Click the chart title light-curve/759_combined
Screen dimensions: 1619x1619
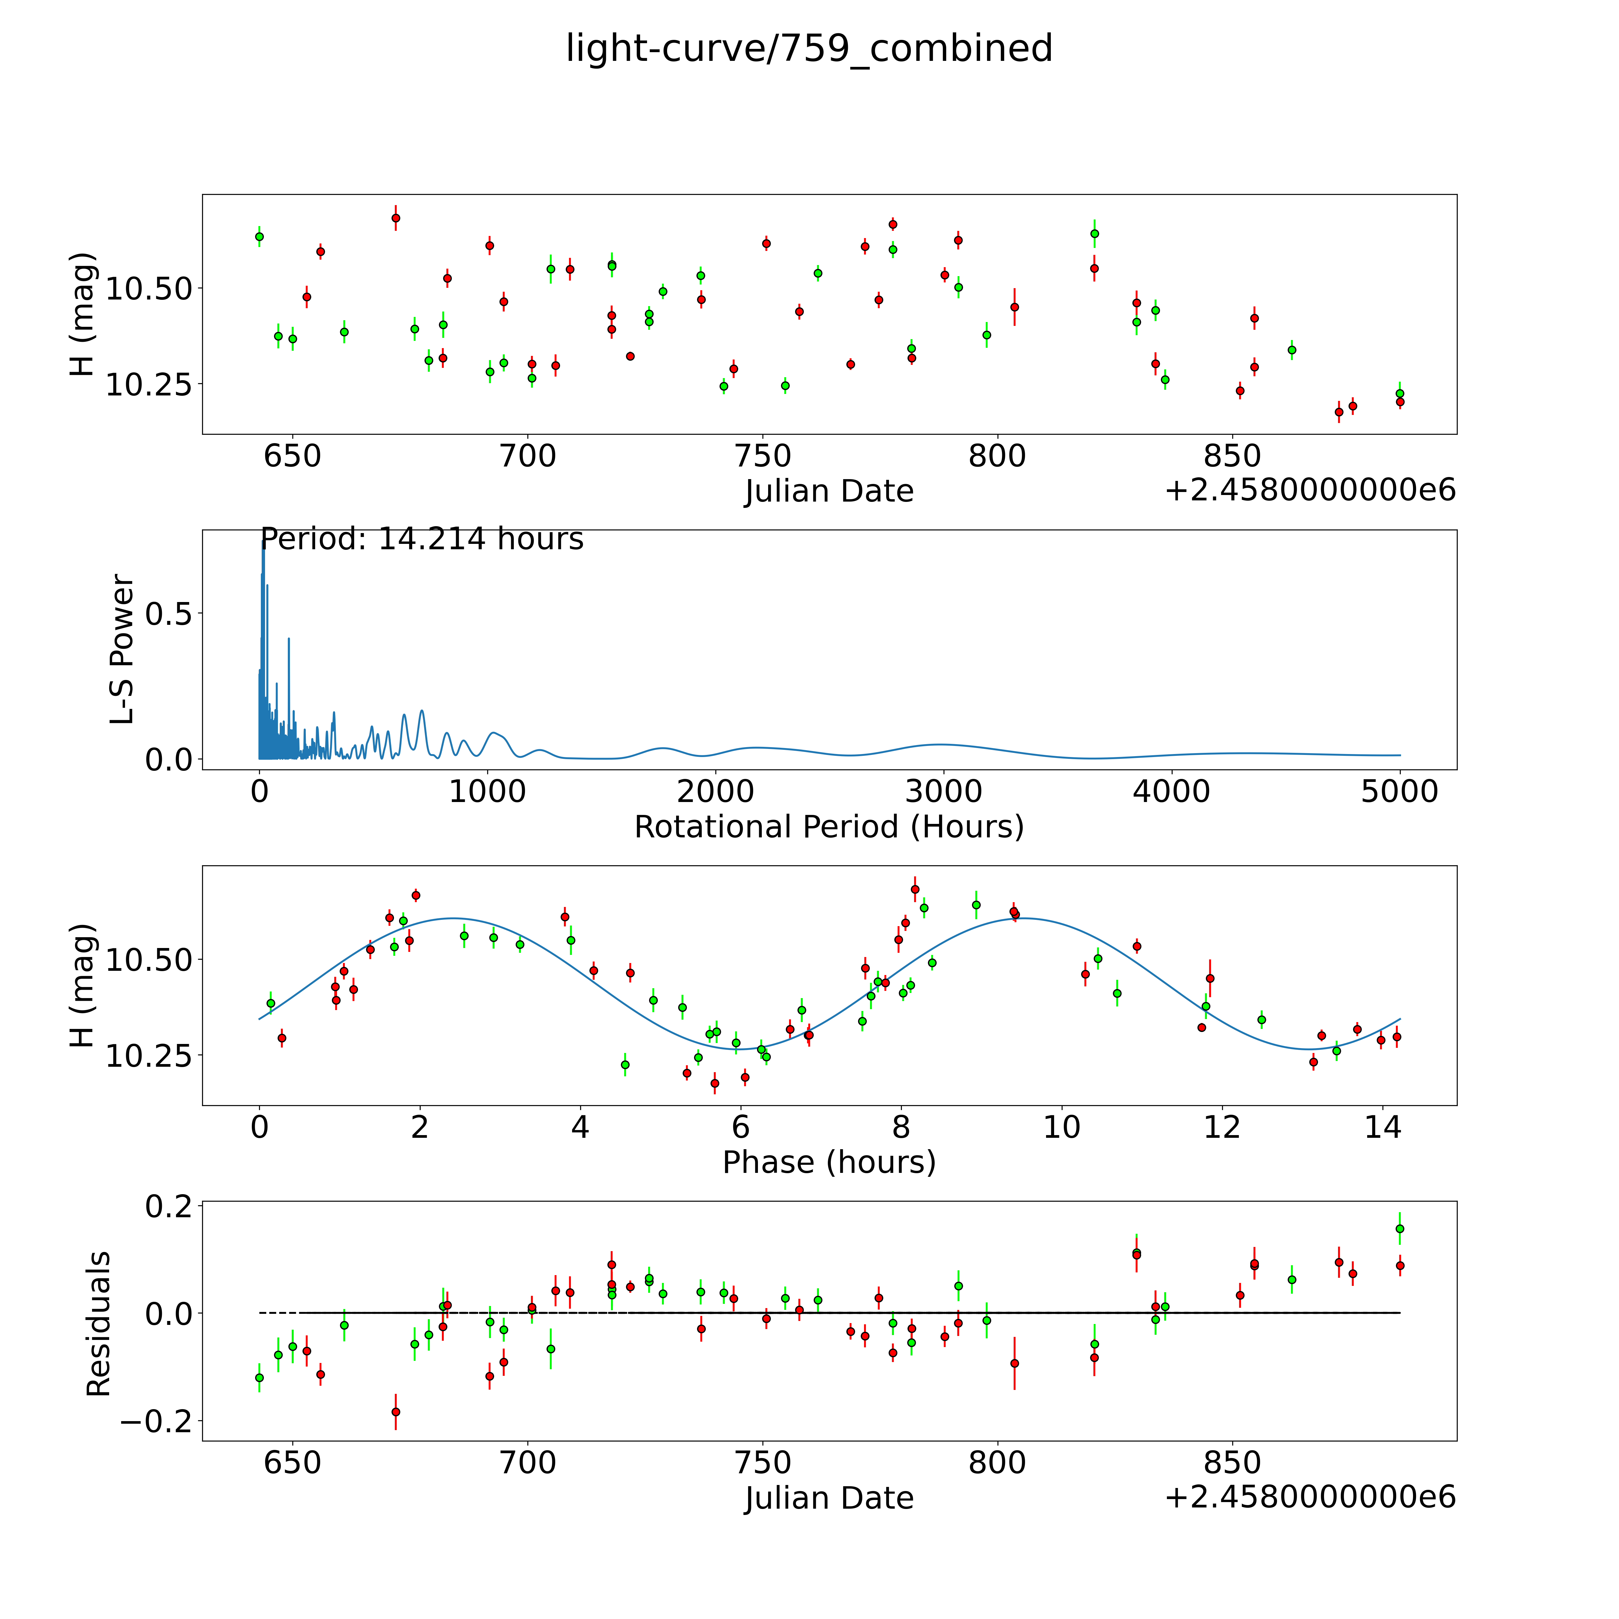(809, 49)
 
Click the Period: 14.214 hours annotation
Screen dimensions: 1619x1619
(422, 539)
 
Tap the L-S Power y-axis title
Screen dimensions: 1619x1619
(122, 649)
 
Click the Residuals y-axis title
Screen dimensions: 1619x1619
(99, 1324)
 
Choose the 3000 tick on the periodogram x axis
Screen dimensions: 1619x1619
(944, 792)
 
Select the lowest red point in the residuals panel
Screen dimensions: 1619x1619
(395, 1412)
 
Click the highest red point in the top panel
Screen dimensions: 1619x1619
(395, 218)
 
